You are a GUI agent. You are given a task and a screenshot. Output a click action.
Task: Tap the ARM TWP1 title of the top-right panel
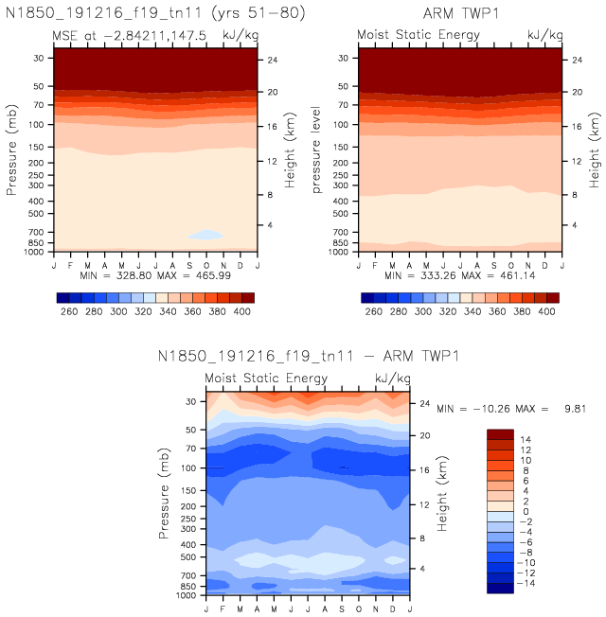(460, 12)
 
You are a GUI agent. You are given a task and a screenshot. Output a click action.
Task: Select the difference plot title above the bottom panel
(307, 357)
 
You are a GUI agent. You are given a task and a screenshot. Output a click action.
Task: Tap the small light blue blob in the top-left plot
(205, 235)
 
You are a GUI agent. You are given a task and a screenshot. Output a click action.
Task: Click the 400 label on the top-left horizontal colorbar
(243, 310)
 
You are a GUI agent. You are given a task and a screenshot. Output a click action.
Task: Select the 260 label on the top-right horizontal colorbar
(374, 310)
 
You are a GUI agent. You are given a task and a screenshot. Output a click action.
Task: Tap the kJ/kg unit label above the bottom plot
(392, 379)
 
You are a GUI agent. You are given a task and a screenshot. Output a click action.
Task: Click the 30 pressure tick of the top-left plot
(38, 58)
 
